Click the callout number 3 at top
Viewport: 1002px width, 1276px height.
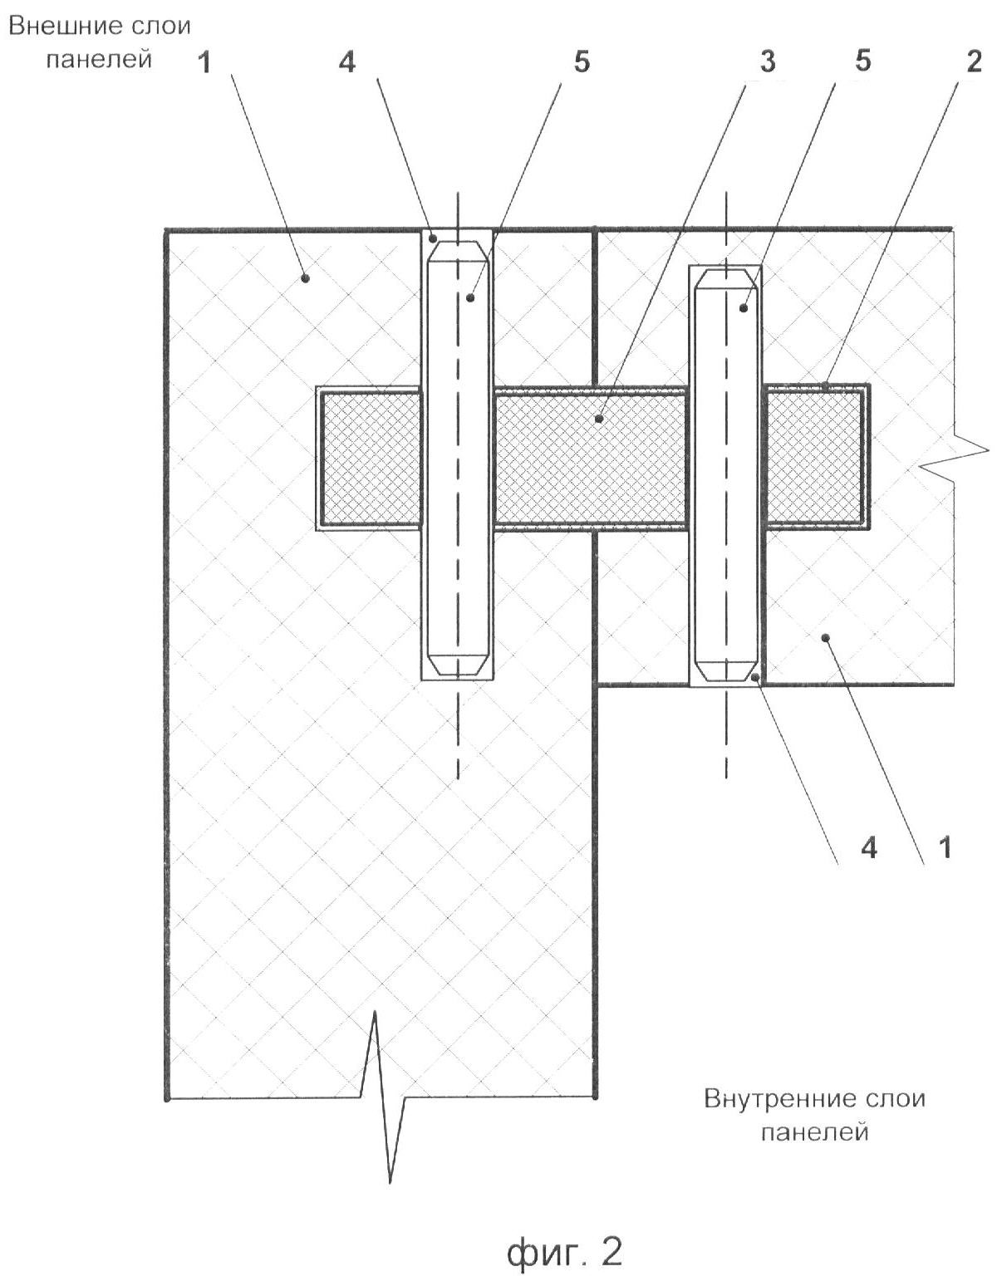click(768, 61)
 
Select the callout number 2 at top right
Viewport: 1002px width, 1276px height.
click(974, 61)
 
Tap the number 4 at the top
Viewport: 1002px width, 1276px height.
click(347, 61)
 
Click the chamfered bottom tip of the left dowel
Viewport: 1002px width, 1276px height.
click(458, 672)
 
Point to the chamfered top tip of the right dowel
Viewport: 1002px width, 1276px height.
click(725, 271)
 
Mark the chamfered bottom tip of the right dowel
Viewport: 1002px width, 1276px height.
click(725, 678)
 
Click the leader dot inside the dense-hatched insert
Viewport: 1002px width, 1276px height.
click(598, 419)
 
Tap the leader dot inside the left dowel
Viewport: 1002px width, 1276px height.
click(469, 298)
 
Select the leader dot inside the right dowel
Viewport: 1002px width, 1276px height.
click(744, 307)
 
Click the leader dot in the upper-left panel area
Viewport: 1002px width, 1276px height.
click(305, 277)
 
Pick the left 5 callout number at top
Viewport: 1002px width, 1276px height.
click(581, 61)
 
